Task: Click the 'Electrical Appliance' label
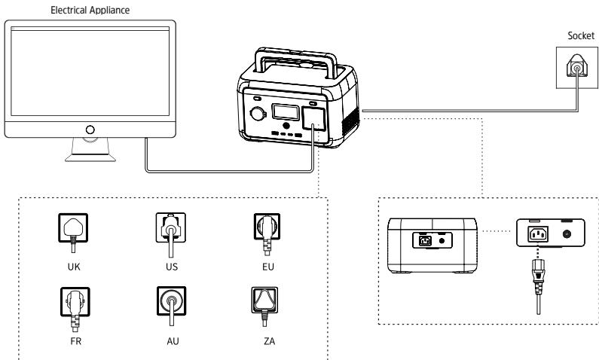[x=90, y=10]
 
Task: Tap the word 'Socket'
[x=581, y=36]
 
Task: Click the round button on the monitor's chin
[x=90, y=130]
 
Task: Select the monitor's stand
[x=90, y=150]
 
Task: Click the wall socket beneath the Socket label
[x=577, y=68]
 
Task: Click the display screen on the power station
[x=286, y=112]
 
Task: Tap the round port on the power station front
[x=257, y=114]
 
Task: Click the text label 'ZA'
[x=269, y=341]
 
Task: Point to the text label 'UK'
[x=74, y=267]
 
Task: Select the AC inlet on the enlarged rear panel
[x=538, y=233]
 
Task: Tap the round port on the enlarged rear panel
[x=567, y=234]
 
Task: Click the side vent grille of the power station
[x=350, y=121]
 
